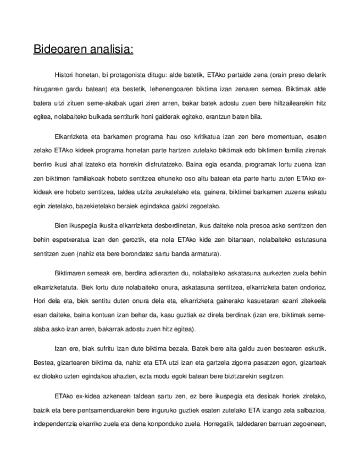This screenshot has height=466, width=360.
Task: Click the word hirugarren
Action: tap(48, 88)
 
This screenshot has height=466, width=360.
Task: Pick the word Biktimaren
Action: tap(70, 274)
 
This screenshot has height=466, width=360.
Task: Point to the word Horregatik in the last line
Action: tap(219, 424)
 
